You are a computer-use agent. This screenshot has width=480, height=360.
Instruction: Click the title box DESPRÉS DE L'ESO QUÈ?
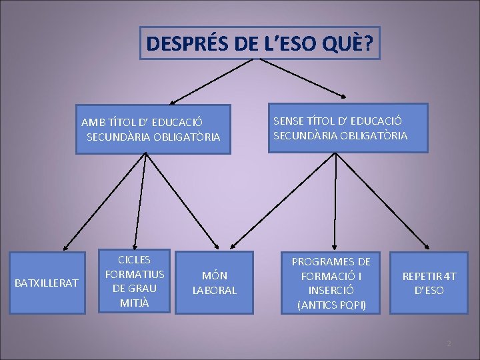click(260, 43)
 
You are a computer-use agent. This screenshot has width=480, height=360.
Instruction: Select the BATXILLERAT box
click(46, 283)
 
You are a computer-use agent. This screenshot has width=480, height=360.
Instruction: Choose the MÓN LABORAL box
click(214, 282)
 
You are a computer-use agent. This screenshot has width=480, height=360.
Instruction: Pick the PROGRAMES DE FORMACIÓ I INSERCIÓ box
click(331, 283)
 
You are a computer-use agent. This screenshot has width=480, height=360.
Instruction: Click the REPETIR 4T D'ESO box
click(429, 283)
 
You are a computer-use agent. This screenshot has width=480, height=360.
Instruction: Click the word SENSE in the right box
click(288, 121)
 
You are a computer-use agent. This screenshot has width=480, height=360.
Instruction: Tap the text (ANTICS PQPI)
click(331, 305)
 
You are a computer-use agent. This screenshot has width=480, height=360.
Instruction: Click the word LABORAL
click(214, 290)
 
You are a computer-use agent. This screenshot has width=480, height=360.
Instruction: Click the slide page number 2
click(449, 343)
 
